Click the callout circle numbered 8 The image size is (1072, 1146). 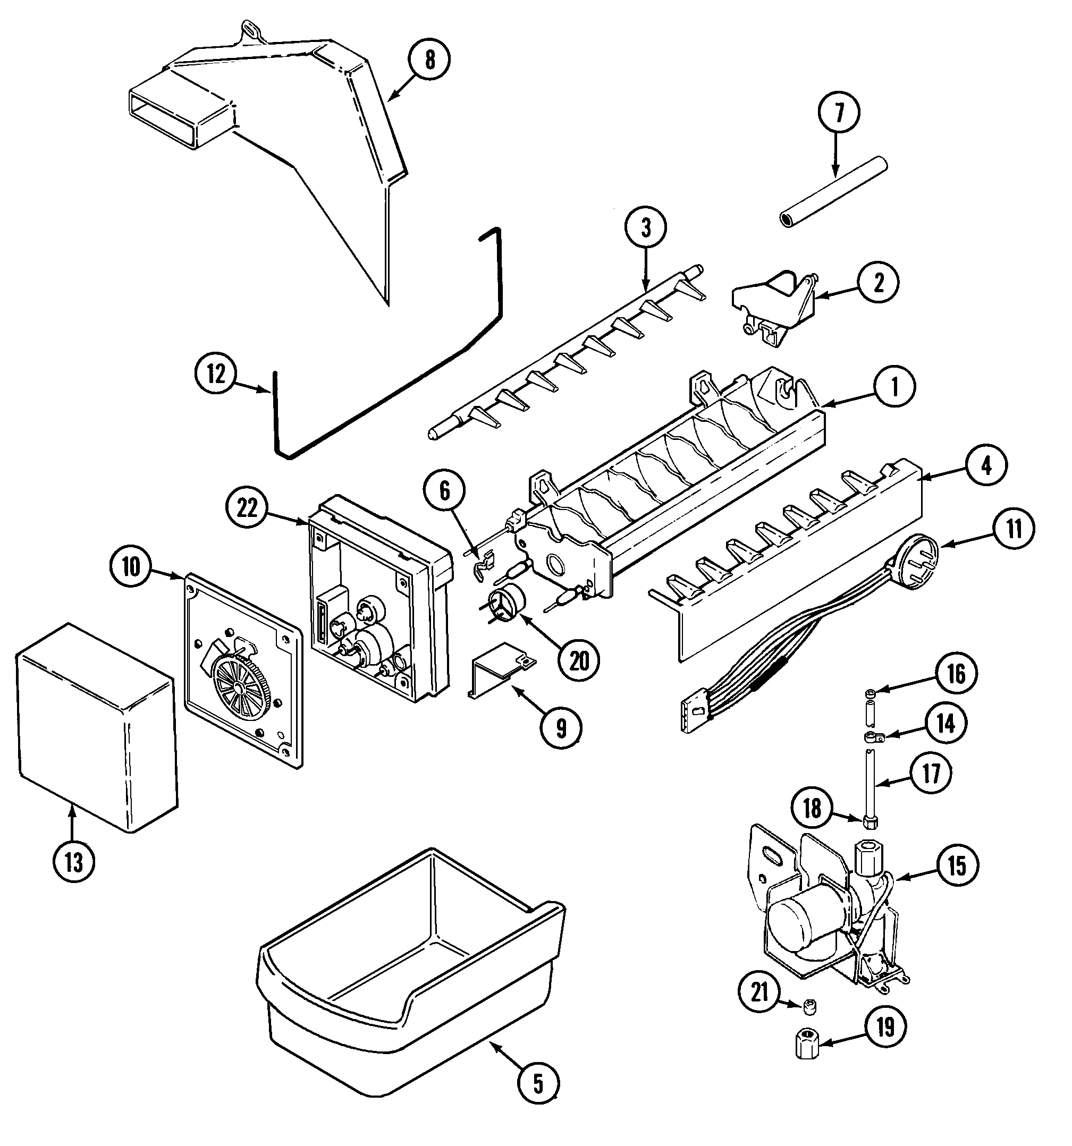pyautogui.click(x=429, y=60)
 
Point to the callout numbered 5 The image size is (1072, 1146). pyautogui.click(x=537, y=1083)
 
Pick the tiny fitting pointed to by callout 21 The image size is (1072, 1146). pyautogui.click(x=811, y=1006)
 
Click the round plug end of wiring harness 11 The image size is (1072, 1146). pyautogui.click(x=918, y=555)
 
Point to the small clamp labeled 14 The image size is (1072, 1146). pyautogui.click(x=872, y=736)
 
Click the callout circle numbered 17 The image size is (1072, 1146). pyautogui.click(x=931, y=774)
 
